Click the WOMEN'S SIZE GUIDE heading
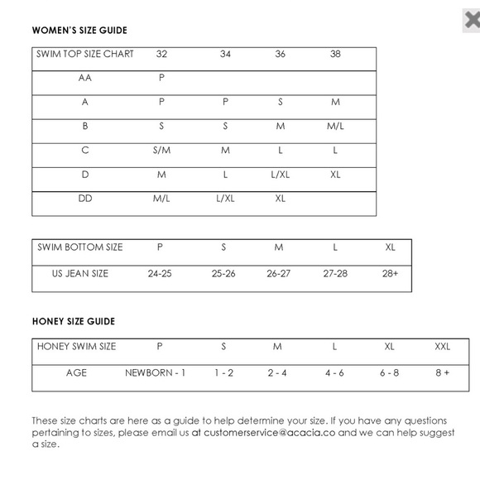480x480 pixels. (79, 31)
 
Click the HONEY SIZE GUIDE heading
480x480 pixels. (73, 321)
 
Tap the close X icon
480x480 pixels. (471, 21)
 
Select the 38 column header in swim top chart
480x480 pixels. (334, 54)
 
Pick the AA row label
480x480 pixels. (85, 78)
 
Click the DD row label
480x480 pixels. (85, 199)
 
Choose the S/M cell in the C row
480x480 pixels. (161, 151)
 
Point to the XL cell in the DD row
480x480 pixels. (280, 199)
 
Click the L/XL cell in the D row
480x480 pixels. (280, 175)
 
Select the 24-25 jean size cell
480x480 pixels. (160, 273)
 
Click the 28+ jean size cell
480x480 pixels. (390, 273)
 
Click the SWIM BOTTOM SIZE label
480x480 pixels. (80, 247)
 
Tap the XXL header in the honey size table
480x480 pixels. (442, 347)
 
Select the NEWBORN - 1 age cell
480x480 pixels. (155, 373)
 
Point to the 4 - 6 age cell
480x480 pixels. (334, 373)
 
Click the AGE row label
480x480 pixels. (76, 373)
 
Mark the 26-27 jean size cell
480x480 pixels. (279, 273)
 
